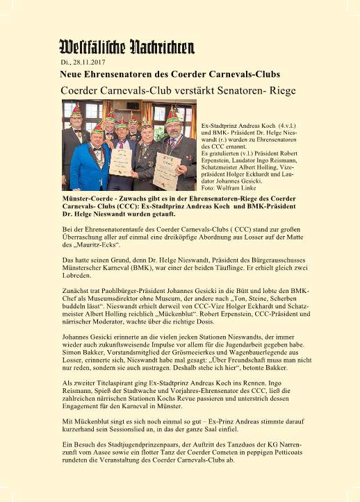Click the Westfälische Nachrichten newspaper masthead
click(126, 47)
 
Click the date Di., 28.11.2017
click(82, 62)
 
